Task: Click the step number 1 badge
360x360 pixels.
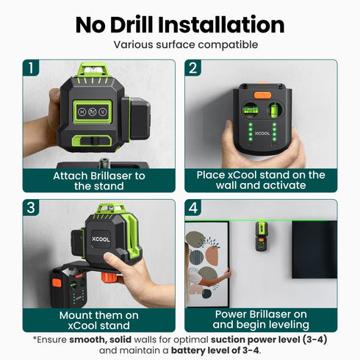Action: point(32,69)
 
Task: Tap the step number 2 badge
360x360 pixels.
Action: point(193,69)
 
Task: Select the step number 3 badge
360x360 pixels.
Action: point(32,209)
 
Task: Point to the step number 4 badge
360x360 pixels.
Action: point(193,209)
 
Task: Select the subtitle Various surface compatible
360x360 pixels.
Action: point(180,45)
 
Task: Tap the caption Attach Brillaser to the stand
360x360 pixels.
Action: point(99,181)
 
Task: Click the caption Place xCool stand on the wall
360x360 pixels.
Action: point(261,181)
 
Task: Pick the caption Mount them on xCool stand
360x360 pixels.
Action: point(99,319)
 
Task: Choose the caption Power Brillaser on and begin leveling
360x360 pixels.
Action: point(261,319)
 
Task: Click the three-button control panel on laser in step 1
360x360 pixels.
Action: point(93,113)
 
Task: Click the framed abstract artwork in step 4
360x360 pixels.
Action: point(206,261)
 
